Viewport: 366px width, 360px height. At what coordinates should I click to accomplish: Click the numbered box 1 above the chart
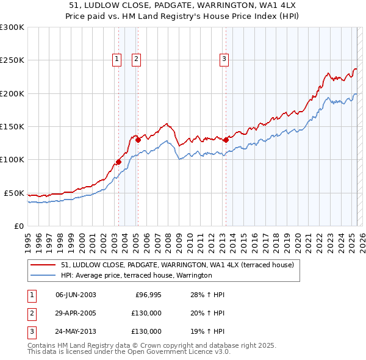tap(117, 59)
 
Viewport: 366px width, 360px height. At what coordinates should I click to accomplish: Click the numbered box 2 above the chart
tap(135, 59)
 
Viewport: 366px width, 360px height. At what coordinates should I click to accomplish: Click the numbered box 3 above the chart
tap(224, 59)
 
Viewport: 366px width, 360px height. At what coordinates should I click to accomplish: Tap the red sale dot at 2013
tap(226, 140)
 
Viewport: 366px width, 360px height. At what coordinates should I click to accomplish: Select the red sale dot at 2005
tap(138, 140)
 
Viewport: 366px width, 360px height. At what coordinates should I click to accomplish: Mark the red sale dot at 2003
tap(118, 162)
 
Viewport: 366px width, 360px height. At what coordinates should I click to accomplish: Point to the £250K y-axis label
tap(12, 60)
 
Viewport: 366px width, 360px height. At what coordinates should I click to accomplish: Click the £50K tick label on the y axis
tap(14, 193)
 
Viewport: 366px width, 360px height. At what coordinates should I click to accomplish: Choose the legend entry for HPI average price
tap(136, 275)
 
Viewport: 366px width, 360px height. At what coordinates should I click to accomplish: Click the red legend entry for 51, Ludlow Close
tap(177, 265)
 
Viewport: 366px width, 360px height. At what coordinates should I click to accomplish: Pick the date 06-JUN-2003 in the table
tap(76, 295)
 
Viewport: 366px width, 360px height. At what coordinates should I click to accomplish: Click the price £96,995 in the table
tap(148, 295)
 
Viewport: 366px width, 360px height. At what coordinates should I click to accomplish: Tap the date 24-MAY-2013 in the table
tap(76, 331)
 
